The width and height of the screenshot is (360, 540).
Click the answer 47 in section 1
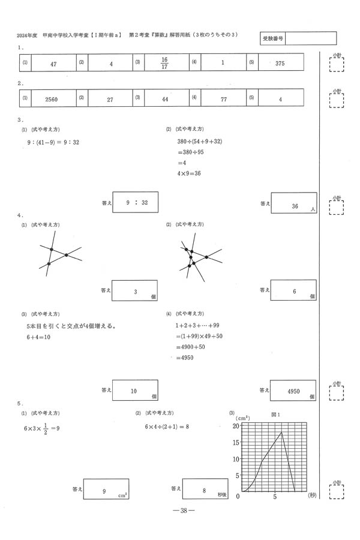(x=53, y=62)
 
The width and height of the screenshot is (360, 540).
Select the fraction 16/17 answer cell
(x=165, y=62)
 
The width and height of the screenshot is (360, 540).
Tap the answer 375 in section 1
(x=280, y=62)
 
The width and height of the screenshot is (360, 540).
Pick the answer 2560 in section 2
(x=53, y=99)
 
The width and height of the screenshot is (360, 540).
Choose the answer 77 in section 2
(x=223, y=99)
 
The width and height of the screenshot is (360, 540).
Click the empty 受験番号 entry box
(x=311, y=38)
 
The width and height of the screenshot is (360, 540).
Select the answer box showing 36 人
(x=294, y=205)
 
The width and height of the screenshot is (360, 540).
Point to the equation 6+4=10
(x=38, y=337)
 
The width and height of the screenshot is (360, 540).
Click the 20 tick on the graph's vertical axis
(x=236, y=425)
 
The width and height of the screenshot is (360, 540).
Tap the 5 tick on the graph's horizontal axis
(x=275, y=497)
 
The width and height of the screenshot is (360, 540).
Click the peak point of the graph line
(x=282, y=433)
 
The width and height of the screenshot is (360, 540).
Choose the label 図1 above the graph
(x=276, y=414)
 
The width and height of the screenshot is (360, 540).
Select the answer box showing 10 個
(x=134, y=391)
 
